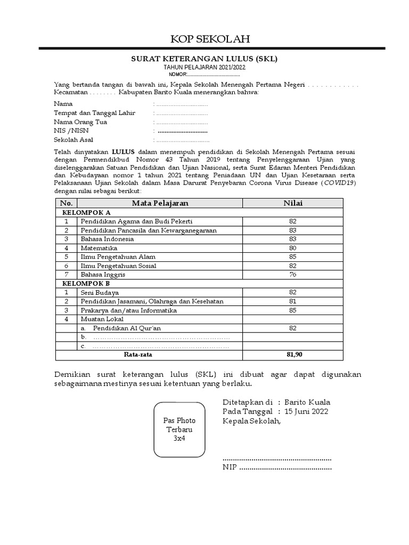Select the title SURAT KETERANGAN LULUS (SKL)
(204, 59)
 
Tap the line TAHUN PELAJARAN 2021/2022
(204, 68)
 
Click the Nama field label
(62, 104)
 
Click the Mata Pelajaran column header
(160, 203)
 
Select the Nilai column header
(292, 203)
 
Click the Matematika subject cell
(99, 247)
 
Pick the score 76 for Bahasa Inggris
(292, 274)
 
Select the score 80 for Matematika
(292, 247)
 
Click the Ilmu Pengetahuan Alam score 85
(292, 257)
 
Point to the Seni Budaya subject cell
(100, 292)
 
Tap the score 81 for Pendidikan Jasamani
(292, 301)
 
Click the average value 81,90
(292, 354)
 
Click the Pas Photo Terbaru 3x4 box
(177, 430)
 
